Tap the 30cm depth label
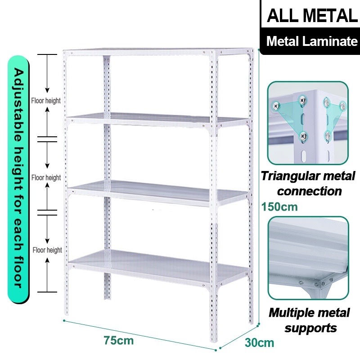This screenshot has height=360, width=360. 259,342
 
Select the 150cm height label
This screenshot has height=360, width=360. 280,207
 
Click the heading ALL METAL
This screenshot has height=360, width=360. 311,16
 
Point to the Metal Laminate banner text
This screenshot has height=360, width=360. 311,41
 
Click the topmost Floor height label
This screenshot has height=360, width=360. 46,101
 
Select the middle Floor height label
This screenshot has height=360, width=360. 46,178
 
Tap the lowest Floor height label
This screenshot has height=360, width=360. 47,250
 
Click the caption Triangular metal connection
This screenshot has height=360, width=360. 310,183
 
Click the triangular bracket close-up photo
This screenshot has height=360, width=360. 308,123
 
